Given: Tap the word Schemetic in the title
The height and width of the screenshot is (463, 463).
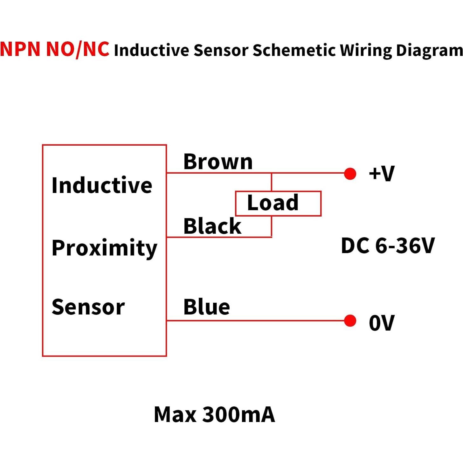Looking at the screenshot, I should tap(294, 51).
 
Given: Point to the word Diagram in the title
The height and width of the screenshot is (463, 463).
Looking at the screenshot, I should tap(429, 51).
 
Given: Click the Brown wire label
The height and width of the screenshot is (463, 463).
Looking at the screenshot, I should tap(218, 162).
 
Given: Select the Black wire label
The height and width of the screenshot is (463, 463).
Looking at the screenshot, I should tap(212, 226).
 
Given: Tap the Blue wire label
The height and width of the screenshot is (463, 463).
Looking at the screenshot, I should tap(207, 307).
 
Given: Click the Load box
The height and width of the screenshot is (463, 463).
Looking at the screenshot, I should tap(278, 204).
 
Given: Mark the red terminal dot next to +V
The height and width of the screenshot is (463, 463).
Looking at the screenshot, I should tap(350, 174).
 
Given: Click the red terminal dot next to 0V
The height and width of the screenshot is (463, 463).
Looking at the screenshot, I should tap(350, 321).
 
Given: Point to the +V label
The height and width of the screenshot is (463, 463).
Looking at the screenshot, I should tap(382, 174).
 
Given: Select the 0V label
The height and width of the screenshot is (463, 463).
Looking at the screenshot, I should tap(382, 323).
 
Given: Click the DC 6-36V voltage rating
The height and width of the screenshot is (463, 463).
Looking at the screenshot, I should tap(388, 246).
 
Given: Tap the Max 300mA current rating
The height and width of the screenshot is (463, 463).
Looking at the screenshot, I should tap(214, 415).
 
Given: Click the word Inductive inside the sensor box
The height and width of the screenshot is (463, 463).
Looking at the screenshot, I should tap(102, 185).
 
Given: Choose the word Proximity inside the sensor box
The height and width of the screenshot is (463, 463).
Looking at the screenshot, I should tap(104, 248).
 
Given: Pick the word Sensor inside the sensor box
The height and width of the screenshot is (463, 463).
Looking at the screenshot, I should tap(88, 307).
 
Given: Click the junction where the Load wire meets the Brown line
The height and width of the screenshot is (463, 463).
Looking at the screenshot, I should tap(271, 173).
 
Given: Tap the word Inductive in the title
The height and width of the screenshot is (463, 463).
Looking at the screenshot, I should tap(151, 51).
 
